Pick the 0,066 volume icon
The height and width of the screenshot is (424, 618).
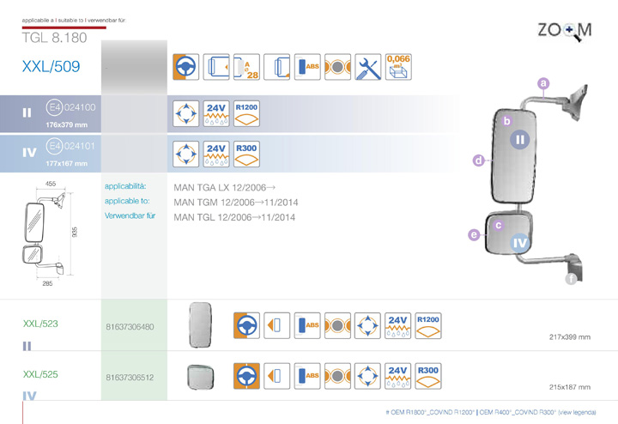pos(398,65)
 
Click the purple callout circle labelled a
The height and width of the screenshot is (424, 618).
pos(542,83)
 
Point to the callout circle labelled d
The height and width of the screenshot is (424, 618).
pos(478,160)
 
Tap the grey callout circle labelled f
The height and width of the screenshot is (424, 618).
pos(571,278)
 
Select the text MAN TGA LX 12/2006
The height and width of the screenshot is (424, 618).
pos(225,186)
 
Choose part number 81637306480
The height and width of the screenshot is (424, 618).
pos(130,326)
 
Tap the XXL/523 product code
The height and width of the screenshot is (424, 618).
pos(40,324)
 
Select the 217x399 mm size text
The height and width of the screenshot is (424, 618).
pos(569,336)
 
